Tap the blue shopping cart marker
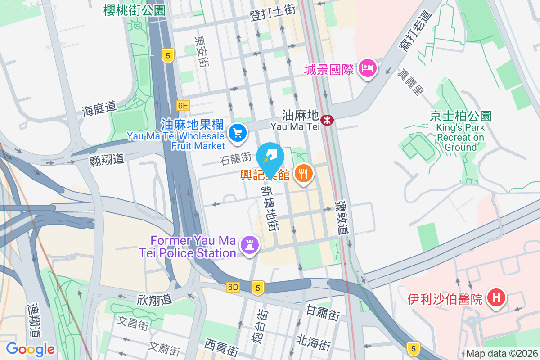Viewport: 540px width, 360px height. (237, 132)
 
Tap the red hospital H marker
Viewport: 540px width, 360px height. (497, 297)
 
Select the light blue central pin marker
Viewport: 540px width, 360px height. (270, 157)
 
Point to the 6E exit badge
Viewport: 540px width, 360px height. (183, 106)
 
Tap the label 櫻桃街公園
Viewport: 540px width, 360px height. (134, 10)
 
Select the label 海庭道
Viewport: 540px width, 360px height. (99, 109)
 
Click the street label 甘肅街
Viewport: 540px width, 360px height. (323, 312)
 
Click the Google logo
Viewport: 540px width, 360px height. (30, 349)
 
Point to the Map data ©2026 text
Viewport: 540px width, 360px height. (502, 353)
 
